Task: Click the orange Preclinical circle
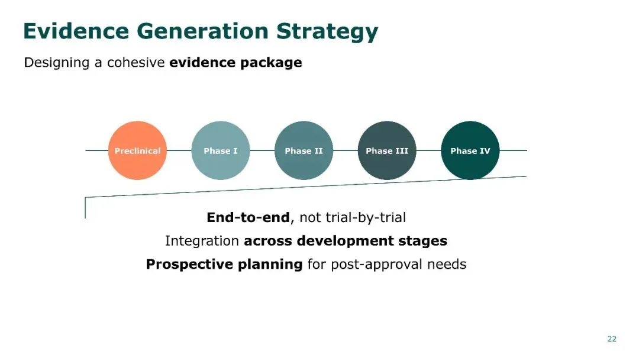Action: [137, 150]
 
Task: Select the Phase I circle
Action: [221, 150]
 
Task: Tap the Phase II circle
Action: [304, 150]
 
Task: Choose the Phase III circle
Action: [387, 150]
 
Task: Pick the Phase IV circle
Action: [470, 150]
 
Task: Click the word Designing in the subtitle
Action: [57, 63]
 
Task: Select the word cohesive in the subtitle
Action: [135, 62]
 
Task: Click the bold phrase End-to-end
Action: [248, 218]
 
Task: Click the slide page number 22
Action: [612, 339]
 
